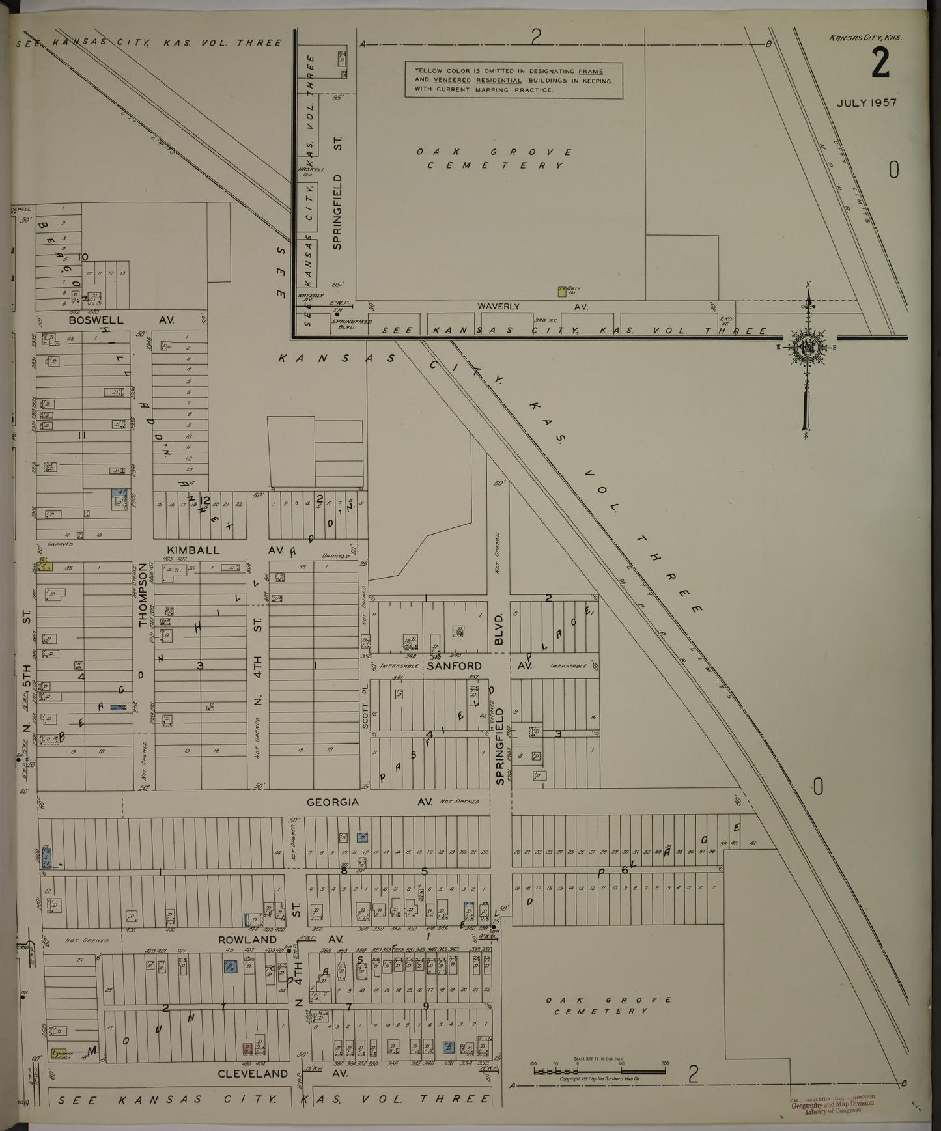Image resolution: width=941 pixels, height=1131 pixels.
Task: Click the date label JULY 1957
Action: [867, 103]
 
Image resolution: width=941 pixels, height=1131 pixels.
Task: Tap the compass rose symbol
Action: [807, 347]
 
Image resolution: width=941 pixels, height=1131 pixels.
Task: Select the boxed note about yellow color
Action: [513, 80]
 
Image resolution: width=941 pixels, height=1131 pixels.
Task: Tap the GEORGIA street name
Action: [333, 802]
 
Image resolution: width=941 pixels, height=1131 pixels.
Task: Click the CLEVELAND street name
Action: [253, 1074]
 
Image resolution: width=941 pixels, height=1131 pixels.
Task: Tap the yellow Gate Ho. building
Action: [561, 292]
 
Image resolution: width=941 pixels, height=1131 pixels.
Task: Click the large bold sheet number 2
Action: [881, 64]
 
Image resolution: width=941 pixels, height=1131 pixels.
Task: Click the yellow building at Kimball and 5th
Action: [46, 566]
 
